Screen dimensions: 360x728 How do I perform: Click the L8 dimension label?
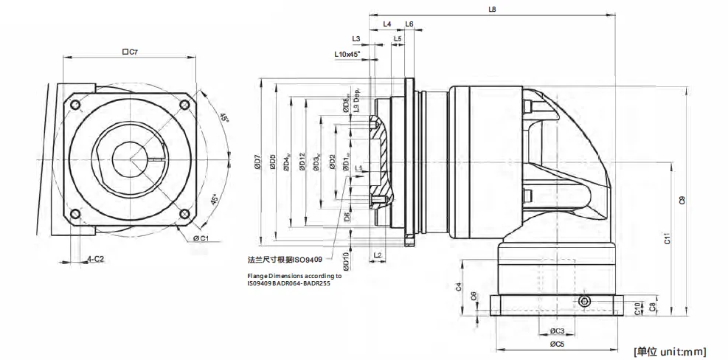click(x=492, y=10)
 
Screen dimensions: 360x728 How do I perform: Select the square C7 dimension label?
click(x=130, y=52)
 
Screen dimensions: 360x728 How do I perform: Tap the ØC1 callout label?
click(x=201, y=238)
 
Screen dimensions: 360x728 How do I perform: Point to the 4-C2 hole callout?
click(x=95, y=259)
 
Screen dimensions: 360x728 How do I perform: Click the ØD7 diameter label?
click(x=257, y=163)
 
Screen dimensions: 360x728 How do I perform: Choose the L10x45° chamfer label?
click(x=347, y=55)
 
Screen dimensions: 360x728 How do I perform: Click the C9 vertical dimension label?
click(x=682, y=199)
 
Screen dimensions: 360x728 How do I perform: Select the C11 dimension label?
click(x=667, y=238)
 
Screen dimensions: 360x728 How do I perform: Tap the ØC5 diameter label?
click(x=557, y=344)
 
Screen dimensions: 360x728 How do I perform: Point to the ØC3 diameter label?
click(x=557, y=330)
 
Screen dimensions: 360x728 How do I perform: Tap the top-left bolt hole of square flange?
click(x=74, y=105)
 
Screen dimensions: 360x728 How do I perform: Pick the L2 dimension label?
click(x=378, y=255)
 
